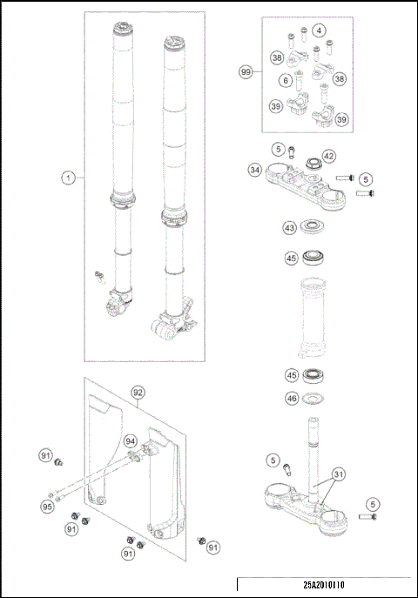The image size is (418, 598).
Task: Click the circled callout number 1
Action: pyautogui.click(x=67, y=178)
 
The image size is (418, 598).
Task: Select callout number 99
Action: pyautogui.click(x=246, y=73)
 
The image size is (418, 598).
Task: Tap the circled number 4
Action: pyautogui.click(x=320, y=30)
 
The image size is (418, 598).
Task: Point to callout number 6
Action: pyautogui.click(x=285, y=80)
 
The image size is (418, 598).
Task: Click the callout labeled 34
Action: pyautogui.click(x=254, y=170)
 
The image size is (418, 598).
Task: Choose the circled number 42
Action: pyautogui.click(x=329, y=156)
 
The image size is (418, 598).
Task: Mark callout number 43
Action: pyautogui.click(x=289, y=228)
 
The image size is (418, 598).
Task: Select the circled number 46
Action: pyautogui.click(x=291, y=399)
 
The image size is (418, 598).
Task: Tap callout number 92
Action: pyautogui.click(x=138, y=393)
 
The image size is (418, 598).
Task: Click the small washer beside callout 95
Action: pyautogui.click(x=57, y=496)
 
